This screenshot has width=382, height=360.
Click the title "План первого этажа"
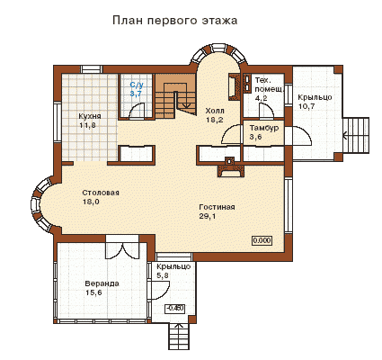point(175,21)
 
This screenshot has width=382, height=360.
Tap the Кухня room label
point(90,116)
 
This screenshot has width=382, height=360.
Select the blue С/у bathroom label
point(137,85)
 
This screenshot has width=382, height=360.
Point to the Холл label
point(215,111)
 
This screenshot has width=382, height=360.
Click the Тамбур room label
point(264,128)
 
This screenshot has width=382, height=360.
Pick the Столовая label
point(101,193)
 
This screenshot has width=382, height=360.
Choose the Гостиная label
point(217,207)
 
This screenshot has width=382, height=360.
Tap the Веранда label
point(102,283)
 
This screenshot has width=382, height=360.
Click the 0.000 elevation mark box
point(262,240)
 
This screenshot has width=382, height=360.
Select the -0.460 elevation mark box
point(175,308)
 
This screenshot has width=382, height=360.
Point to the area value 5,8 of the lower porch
point(163,275)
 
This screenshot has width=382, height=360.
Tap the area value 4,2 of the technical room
point(262,98)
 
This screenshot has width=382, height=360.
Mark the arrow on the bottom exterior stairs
point(179,328)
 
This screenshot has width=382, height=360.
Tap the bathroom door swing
point(137,110)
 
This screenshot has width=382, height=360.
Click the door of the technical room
point(266,110)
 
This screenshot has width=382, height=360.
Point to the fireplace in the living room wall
point(230,168)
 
